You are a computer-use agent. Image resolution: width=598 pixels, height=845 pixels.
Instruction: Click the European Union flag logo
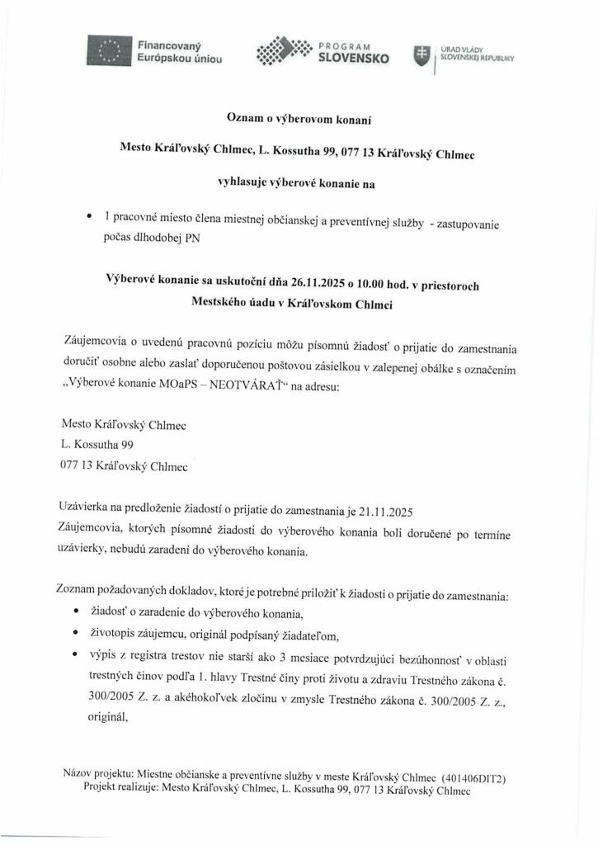(x=110, y=51)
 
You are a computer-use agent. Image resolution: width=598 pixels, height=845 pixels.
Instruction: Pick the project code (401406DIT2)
(x=474, y=778)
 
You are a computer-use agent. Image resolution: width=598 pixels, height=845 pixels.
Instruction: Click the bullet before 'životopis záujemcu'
(x=77, y=633)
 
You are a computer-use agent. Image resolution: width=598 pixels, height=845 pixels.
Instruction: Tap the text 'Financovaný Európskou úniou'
(x=178, y=53)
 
